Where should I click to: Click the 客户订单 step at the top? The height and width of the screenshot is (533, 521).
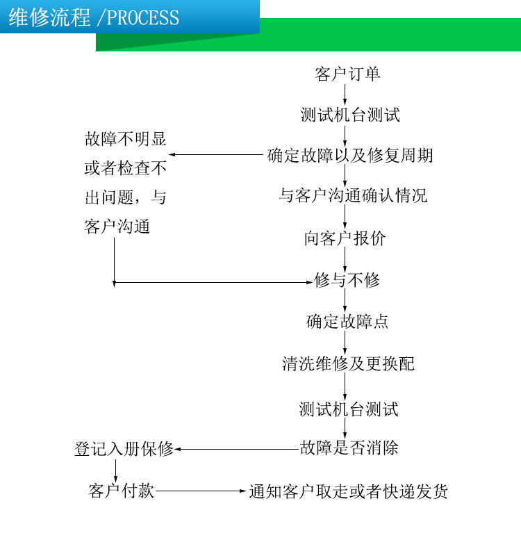coord(347,74)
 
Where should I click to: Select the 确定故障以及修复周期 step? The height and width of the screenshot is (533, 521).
coord(350,155)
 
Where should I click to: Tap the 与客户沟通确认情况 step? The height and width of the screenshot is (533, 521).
coord(353,196)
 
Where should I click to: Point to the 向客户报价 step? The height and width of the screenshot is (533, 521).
coord(345,239)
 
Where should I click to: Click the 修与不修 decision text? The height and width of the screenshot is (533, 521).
coord(347,281)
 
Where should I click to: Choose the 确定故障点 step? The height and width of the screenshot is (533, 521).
coord(347,322)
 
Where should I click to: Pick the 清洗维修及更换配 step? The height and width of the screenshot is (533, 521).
coord(348,364)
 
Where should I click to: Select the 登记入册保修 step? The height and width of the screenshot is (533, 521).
coord(124,449)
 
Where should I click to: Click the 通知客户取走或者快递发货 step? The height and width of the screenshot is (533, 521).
coord(349,492)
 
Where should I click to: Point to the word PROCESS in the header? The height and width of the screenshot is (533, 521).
coord(143,17)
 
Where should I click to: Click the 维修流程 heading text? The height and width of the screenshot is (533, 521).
coord(49,17)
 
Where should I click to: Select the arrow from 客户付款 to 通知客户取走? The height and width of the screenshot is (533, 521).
coord(201,491)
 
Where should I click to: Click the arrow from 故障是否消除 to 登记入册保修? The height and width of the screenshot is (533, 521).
coord(237,449)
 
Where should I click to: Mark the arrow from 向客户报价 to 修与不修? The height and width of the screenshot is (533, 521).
coord(345,260)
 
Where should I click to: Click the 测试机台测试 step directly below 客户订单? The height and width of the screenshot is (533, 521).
coord(350,115)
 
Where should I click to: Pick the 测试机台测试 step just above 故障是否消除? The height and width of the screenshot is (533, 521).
coord(349,409)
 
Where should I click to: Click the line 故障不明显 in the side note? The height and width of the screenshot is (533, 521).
coord(126,139)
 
